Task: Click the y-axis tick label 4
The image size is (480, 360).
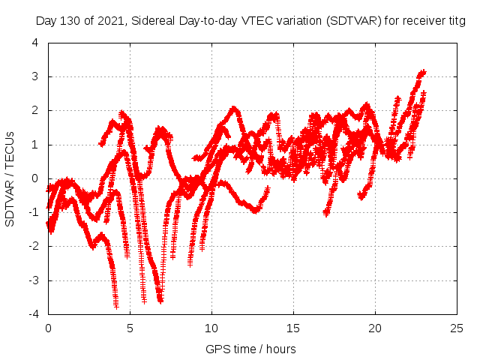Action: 35,43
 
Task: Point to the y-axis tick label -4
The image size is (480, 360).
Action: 34,314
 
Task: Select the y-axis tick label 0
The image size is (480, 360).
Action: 35,178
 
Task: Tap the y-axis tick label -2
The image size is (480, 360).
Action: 34,246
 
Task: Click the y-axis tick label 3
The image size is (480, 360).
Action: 35,76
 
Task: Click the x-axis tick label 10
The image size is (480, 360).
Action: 212,328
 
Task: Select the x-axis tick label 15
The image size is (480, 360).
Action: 293,328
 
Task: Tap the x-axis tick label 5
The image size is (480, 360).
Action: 130,328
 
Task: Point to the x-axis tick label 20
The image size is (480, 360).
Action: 375,328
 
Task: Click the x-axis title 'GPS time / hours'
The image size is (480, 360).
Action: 250,349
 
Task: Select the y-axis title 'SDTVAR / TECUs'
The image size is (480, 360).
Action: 10,178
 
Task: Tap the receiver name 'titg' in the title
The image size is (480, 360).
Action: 454,21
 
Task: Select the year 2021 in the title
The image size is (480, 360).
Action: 109,21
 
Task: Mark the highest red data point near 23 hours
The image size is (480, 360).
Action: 423,73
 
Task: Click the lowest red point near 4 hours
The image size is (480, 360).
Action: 116,305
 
